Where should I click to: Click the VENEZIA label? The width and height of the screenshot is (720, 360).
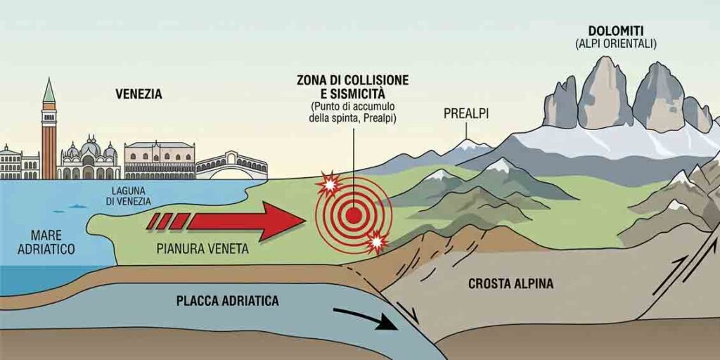click(139, 95)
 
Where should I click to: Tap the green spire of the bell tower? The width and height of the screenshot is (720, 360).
click(49, 91)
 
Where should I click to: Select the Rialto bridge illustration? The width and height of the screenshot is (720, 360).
click(231, 166)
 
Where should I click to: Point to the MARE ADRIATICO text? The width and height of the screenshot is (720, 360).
click(46, 243)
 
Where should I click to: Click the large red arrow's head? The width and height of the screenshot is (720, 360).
click(283, 221)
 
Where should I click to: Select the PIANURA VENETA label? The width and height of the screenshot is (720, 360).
click(202, 249)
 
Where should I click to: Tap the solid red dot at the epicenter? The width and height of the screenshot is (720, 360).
click(353, 215)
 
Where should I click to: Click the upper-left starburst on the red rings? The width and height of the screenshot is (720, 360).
click(328, 184)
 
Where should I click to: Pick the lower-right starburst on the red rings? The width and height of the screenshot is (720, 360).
click(377, 241)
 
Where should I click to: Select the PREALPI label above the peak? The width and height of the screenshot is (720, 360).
click(465, 113)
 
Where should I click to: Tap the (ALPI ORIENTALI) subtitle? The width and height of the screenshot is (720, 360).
click(616, 44)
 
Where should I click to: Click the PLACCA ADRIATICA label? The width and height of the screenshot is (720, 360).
click(228, 301)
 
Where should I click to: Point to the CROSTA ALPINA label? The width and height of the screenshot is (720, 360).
click(510, 284)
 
